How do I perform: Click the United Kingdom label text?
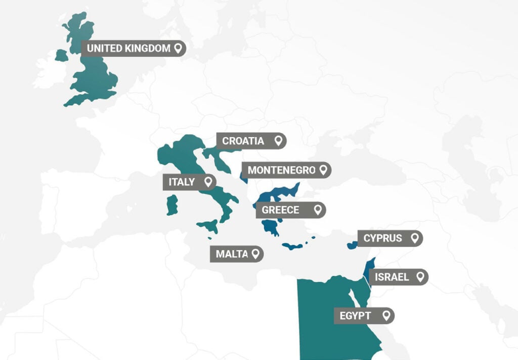click(x=128, y=49)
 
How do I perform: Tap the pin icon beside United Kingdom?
click(x=178, y=49)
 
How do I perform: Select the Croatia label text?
click(x=243, y=141)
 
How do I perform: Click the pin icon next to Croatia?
click(x=278, y=141)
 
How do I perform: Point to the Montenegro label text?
click(x=281, y=170)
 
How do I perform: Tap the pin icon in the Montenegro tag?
click(x=323, y=170)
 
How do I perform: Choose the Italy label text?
click(x=182, y=182)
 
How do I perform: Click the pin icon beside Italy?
click(x=207, y=182)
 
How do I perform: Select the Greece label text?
click(x=280, y=210)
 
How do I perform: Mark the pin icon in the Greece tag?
click(x=317, y=210)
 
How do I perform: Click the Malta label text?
click(x=232, y=254)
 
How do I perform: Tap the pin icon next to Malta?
click(x=255, y=254)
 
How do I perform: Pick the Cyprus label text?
click(x=382, y=238)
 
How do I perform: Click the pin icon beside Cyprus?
click(x=414, y=237)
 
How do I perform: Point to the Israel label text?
click(x=392, y=277)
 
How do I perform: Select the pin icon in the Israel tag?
click(x=419, y=277)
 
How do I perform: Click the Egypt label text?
click(x=355, y=316)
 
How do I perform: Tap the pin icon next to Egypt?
click(x=386, y=315)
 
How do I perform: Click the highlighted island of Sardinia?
click(x=172, y=205)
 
